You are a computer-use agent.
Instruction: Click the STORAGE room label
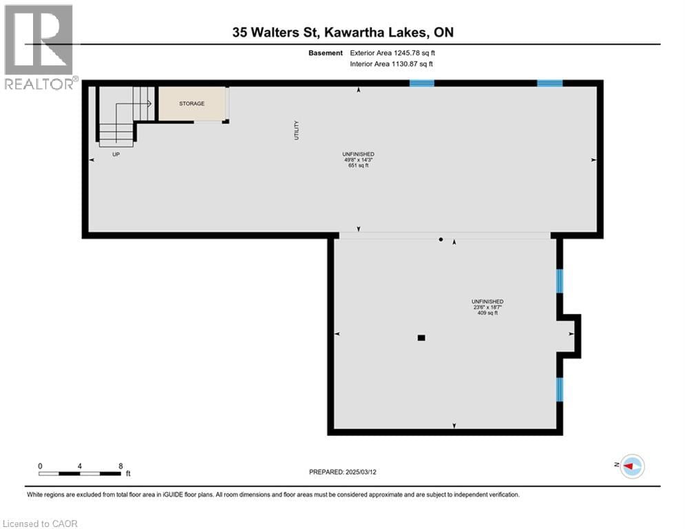[x=192, y=104]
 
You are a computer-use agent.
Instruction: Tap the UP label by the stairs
[x=116, y=154]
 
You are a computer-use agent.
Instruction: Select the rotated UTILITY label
[x=297, y=131]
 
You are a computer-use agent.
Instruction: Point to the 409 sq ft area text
[x=487, y=313]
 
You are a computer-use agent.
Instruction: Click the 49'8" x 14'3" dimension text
[x=358, y=160]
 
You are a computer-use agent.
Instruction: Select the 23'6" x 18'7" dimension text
[x=487, y=307]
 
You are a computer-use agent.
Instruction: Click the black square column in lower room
[x=421, y=338]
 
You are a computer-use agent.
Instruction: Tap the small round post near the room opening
[x=441, y=240]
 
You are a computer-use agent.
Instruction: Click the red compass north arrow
[x=630, y=466]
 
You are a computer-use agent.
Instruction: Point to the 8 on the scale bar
[x=120, y=466]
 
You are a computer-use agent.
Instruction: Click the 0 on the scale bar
[x=40, y=466]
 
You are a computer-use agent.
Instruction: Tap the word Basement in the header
[x=325, y=53]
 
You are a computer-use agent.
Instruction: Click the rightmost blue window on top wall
[x=549, y=83]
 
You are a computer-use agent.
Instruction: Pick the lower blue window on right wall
[x=560, y=389]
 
